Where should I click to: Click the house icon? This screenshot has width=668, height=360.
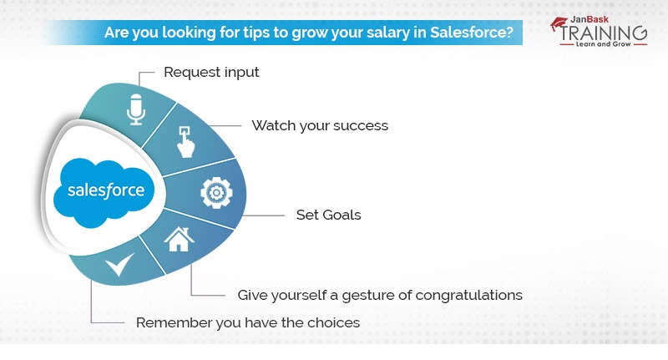pos(178,240)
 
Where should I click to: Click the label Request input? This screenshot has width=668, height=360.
pos(211,72)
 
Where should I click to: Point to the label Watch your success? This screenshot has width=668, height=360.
pos(320,126)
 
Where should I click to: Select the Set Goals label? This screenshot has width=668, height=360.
pos(328,215)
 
